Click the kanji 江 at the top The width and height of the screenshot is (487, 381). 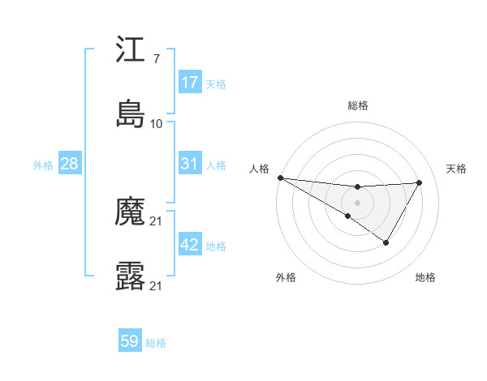point(131,51)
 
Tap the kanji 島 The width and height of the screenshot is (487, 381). point(131,113)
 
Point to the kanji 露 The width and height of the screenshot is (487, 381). point(131,276)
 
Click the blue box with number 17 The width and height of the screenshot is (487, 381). point(190,82)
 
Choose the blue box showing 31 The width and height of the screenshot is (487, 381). point(190,164)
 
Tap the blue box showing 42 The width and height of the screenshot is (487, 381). point(190,245)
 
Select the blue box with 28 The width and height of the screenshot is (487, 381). point(70,164)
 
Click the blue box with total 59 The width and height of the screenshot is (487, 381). point(130,341)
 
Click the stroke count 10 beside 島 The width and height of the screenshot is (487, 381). point(157,123)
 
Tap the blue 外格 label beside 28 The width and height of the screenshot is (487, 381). point(43,165)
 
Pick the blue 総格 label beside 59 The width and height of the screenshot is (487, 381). point(156,343)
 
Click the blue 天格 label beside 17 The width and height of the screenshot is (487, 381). point(216,83)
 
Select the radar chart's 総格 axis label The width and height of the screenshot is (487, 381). point(357,105)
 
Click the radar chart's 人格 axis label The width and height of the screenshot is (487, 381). point(259,169)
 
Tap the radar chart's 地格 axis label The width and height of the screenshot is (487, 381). point(425,278)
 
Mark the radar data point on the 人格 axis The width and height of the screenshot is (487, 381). point(280,177)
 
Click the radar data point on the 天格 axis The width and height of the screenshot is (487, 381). point(420,182)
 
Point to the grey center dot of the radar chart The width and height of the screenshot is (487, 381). point(357,202)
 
